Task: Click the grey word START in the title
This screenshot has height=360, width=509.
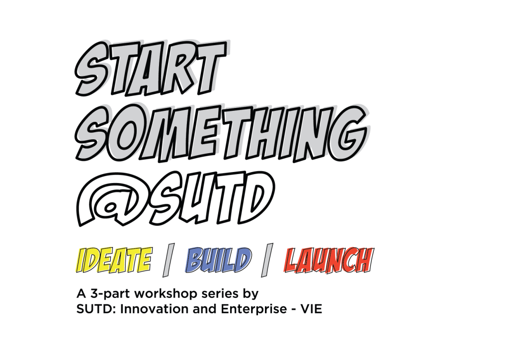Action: click(151, 68)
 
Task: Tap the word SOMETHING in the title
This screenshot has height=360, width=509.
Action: click(221, 133)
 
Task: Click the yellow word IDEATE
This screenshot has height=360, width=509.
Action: click(114, 260)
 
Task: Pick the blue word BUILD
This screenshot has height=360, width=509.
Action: click(218, 260)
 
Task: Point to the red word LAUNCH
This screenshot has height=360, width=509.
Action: click(329, 260)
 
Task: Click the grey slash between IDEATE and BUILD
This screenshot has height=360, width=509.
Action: click(169, 260)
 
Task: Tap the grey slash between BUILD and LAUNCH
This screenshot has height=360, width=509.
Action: click(267, 260)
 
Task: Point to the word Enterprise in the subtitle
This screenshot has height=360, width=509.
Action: click(254, 310)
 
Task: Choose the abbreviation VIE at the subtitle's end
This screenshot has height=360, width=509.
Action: click(311, 309)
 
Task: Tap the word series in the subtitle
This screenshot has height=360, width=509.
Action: click(220, 294)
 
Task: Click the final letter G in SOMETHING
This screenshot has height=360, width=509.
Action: click(348, 133)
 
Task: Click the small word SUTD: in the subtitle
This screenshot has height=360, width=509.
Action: click(96, 309)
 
